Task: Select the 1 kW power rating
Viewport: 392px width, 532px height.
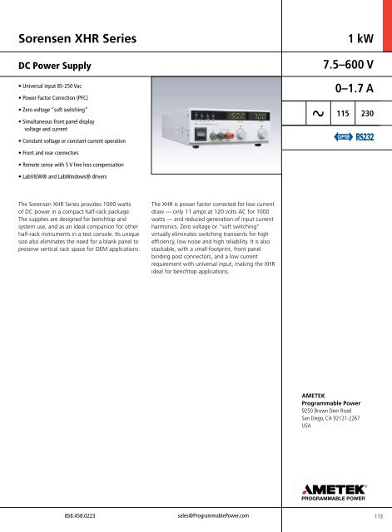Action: click(362, 36)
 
